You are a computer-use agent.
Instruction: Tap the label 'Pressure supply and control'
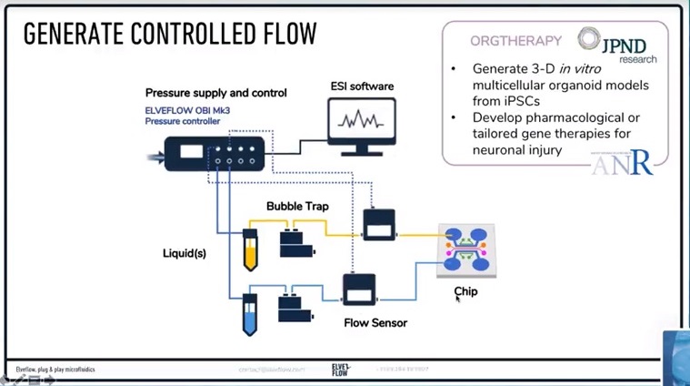coord(216,93)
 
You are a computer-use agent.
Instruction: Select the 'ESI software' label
coord(362,86)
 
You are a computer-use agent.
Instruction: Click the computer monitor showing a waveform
coord(362,122)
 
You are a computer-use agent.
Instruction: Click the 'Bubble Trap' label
coord(297,207)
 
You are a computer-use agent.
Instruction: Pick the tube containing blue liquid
coord(250,315)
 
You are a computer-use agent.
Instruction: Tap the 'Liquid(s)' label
coord(185,253)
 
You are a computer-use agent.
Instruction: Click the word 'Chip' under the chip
coord(465,291)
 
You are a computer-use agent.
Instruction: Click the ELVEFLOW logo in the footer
coord(340,369)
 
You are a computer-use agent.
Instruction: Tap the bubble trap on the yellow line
coord(297,241)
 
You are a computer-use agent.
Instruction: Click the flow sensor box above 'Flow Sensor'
coord(359,289)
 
